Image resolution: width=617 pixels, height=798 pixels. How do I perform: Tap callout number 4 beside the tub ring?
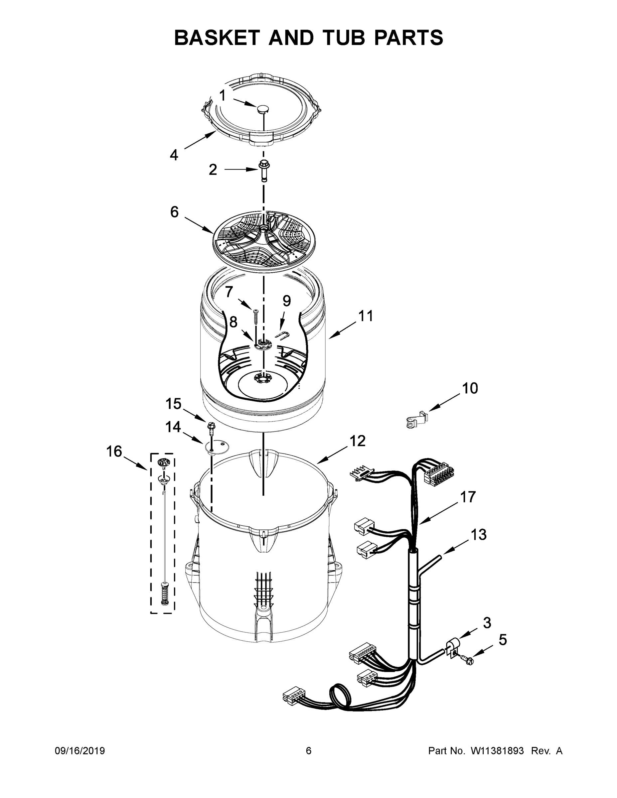[x=174, y=155]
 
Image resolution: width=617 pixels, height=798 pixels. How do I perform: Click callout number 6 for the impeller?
[x=174, y=211]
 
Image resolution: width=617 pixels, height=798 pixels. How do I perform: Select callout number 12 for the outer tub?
[x=358, y=441]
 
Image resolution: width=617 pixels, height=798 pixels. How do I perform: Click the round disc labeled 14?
[x=217, y=446]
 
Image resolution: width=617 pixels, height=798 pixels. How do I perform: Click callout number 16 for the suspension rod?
[x=114, y=452]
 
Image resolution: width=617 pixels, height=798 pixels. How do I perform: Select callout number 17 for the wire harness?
[x=468, y=497]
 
